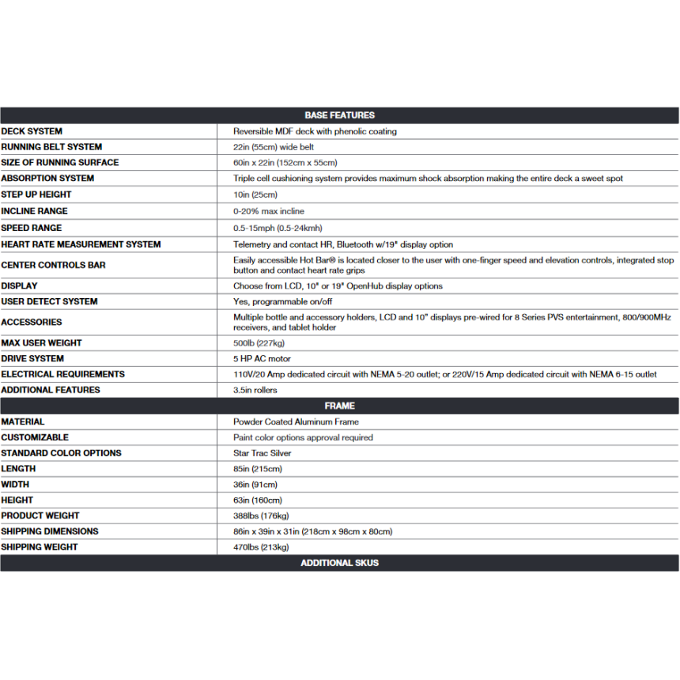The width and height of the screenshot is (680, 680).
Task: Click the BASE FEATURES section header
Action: point(339,115)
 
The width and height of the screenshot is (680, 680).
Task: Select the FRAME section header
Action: point(339,406)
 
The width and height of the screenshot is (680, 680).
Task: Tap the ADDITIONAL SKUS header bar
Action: point(339,563)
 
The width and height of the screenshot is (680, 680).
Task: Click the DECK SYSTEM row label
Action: point(32,131)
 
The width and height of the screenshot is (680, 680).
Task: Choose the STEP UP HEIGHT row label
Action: point(36,195)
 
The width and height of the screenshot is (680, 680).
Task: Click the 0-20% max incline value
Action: point(269,211)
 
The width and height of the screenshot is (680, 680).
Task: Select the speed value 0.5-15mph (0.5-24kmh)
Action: point(278,228)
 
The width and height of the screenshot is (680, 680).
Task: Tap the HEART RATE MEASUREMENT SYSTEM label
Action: point(81,244)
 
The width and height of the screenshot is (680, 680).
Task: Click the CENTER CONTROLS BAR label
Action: point(53,265)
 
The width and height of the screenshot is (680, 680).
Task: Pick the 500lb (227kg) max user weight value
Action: point(259,343)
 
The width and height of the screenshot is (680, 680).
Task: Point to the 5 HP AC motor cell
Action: point(262,359)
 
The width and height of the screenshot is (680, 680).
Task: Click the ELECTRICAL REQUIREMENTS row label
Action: point(62,374)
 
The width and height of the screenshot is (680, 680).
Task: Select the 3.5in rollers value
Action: point(255,390)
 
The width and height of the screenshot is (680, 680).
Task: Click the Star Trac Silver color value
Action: point(263,453)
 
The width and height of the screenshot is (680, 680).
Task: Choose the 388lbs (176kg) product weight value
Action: point(261,516)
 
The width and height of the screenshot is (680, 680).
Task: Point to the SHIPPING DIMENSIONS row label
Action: point(50,531)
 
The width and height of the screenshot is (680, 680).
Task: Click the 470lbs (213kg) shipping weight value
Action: point(261,547)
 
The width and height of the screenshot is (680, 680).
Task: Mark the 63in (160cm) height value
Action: point(258,500)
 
